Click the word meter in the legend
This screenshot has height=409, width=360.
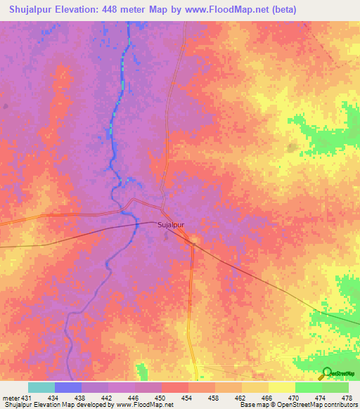tap(9, 398)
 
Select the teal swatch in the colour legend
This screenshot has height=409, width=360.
tap(41, 387)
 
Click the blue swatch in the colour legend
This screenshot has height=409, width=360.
tap(68, 387)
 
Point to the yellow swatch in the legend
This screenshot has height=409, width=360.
tap(281, 387)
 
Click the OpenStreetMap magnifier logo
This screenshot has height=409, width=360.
tap(327, 373)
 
